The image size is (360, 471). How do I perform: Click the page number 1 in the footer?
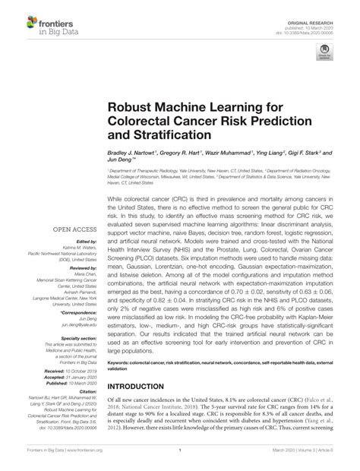coord(180,460)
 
